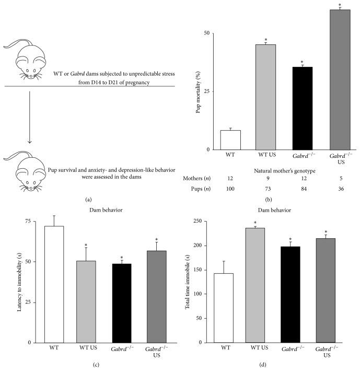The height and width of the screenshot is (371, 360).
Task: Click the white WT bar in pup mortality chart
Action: point(230,140)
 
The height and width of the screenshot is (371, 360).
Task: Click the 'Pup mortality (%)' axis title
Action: point(199,91)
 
